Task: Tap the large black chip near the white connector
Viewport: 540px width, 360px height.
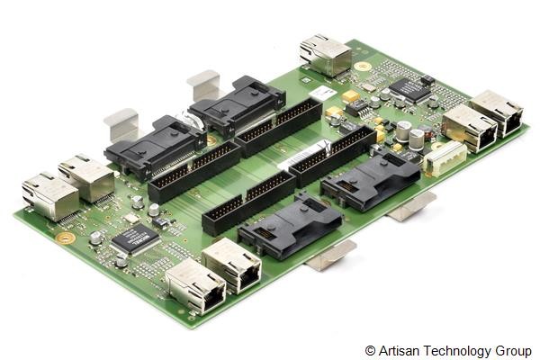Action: pos(409,89)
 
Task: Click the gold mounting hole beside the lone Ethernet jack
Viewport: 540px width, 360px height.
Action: pos(363,67)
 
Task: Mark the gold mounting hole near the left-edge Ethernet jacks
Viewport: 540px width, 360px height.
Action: pos(65,238)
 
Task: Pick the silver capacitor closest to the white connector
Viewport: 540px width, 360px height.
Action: pos(418,139)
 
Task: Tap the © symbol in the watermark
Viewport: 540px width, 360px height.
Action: pos(370,350)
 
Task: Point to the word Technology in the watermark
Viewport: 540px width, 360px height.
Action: pos(458,350)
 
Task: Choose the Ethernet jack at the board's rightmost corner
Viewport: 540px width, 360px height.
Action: pos(497,112)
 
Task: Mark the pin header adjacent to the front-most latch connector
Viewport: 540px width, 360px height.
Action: pos(247,203)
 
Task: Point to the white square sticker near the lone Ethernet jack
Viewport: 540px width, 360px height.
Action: pos(320,93)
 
